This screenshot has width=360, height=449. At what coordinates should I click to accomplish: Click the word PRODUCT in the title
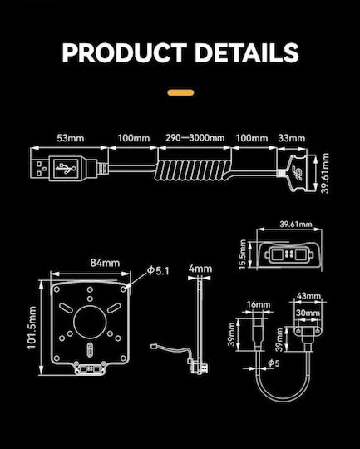pos(125,53)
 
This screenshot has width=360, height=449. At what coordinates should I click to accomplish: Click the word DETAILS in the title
pos(247,53)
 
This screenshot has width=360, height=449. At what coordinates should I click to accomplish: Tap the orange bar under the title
pos(180,92)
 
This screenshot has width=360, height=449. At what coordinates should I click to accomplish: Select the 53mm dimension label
pos(71,138)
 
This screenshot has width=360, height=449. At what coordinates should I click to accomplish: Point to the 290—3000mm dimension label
pos(195,138)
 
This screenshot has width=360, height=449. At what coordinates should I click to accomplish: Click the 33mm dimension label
pos(292,138)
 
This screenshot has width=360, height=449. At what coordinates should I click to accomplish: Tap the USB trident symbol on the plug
pos(66,168)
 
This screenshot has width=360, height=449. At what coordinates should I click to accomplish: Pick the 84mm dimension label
pos(105,263)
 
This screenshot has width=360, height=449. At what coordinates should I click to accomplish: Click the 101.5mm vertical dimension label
pos(32,328)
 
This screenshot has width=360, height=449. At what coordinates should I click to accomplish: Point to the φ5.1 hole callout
pos(158,270)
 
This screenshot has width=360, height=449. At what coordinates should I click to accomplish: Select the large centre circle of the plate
pos(90,322)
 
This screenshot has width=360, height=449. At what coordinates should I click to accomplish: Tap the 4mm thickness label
pos(200,269)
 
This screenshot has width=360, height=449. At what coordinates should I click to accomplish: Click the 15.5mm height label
pos(243,254)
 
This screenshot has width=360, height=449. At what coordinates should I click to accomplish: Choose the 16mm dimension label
pos(259,304)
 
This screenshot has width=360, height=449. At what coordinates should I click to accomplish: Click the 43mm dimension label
pos(308,295)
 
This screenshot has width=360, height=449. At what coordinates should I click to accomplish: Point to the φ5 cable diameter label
pos(274,363)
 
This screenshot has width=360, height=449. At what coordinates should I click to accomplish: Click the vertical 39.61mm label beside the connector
pos(325,173)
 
